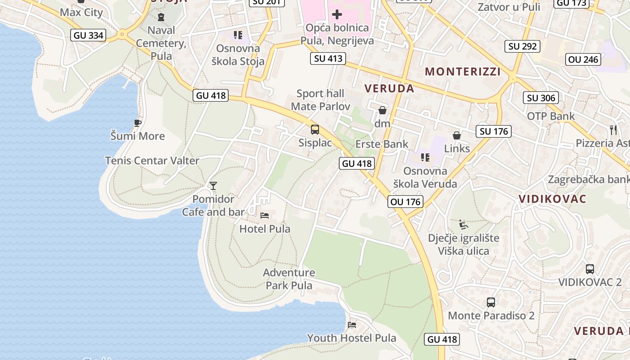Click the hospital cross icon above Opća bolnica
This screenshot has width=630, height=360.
click(x=337, y=14)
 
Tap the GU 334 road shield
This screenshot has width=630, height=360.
click(x=88, y=35)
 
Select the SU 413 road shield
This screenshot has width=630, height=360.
click(x=328, y=58)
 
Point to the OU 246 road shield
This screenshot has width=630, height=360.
click(x=583, y=59)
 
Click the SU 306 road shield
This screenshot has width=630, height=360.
click(x=541, y=98)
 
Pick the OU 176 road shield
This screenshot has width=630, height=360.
click(x=406, y=202)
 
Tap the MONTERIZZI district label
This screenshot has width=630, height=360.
click(x=463, y=72)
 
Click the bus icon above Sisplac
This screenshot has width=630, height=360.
click(x=315, y=130)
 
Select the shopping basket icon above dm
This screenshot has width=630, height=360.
click(x=382, y=110)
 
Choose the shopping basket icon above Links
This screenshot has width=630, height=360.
click(x=457, y=135)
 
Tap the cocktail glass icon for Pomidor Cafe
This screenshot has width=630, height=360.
click(x=213, y=185)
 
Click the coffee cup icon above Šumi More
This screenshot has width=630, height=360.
click(x=138, y=123)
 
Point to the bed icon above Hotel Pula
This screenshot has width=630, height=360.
click(x=265, y=216)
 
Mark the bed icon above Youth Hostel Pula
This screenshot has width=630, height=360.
click(x=352, y=324)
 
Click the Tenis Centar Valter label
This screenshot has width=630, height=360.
click(x=152, y=161)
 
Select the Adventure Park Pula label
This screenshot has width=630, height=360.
click(x=289, y=279)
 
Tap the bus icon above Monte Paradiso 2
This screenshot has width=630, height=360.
click(x=491, y=302)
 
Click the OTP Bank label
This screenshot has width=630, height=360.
click(x=551, y=116)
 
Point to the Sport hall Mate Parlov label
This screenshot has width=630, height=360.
click(x=320, y=100)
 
